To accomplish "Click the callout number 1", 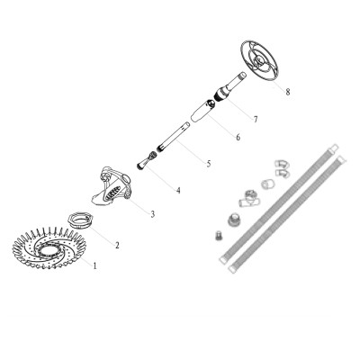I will pyautogui.click(x=94, y=265).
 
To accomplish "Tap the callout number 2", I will pyautogui.click(x=116, y=244).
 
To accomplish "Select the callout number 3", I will pyautogui.click(x=152, y=213).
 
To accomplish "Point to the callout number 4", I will pyautogui.click(x=177, y=190).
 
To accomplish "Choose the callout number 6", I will pyautogui.click(x=238, y=137).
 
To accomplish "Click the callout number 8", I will pyautogui.click(x=287, y=91).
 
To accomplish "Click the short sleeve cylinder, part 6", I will pyautogui.click(x=199, y=115).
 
